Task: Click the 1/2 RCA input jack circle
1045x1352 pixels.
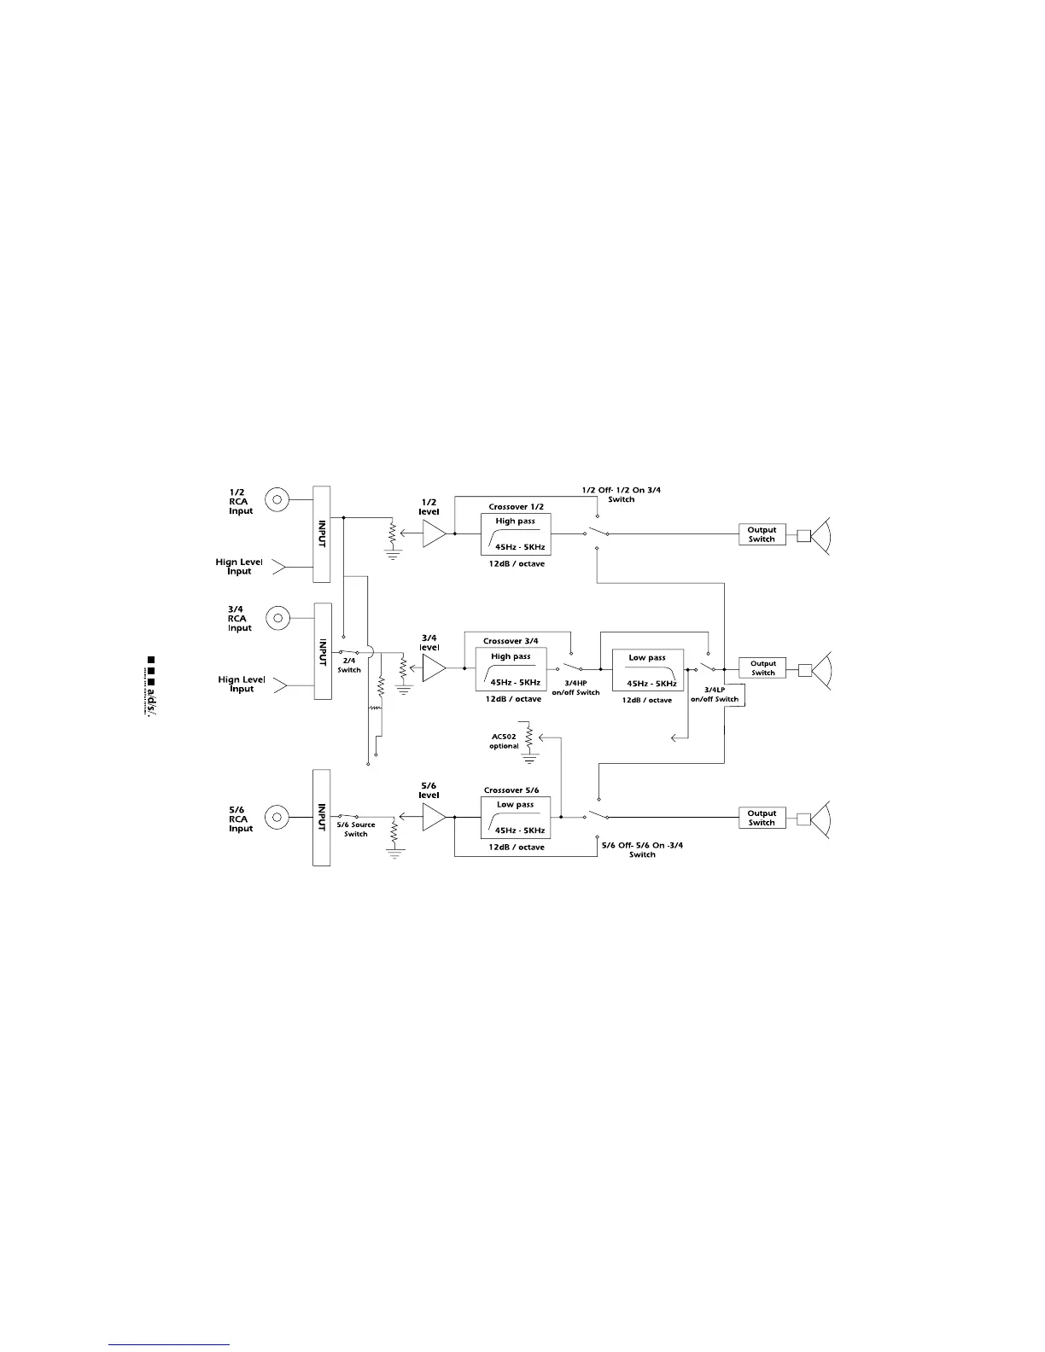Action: point(277,499)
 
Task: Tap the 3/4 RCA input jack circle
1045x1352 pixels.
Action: point(277,616)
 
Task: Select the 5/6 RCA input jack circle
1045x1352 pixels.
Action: point(277,818)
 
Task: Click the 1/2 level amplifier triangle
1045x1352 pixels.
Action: point(434,534)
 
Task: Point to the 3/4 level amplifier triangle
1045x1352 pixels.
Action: point(434,668)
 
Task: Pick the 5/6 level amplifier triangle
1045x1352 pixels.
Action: point(434,818)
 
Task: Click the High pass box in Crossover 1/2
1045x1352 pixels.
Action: point(516,534)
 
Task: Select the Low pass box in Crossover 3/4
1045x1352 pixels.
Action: point(648,670)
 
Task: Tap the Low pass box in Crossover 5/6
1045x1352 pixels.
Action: point(516,818)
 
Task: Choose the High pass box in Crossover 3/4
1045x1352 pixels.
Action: point(511,670)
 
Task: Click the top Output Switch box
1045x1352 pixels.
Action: point(762,534)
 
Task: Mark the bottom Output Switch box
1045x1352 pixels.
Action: point(762,818)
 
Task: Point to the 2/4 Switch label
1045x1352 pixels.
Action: point(349,666)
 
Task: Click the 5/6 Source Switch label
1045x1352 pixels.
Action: point(356,830)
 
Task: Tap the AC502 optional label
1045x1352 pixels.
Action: point(504,741)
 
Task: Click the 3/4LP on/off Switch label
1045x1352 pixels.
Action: point(715,694)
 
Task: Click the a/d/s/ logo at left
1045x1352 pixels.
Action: point(152,687)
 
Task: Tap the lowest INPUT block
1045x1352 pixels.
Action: point(321,818)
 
